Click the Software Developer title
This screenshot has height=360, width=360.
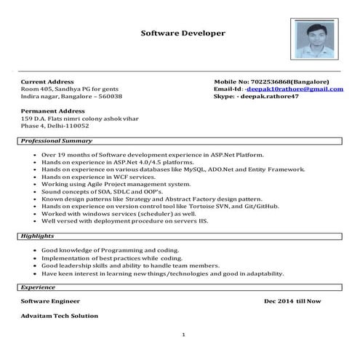point(183,33)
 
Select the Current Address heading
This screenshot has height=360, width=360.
point(47,81)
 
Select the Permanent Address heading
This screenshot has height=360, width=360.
point(52,111)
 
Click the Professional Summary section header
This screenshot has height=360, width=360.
point(55,140)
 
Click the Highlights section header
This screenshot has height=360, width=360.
point(37,236)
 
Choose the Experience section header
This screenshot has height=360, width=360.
point(38,287)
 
